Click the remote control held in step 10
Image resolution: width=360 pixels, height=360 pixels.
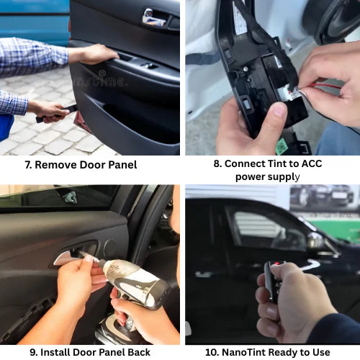pyautogui.click(x=273, y=282)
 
